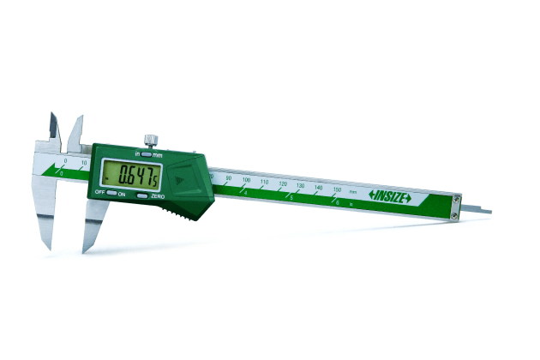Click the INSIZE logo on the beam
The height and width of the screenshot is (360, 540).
coord(391,196)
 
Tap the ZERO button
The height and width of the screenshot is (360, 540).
coord(142,196)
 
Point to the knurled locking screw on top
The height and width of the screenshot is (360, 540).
coord(151,139)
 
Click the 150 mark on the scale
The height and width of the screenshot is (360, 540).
coord(336,189)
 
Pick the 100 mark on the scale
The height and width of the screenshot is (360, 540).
coord(247,181)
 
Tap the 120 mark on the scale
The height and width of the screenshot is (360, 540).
coord(283,184)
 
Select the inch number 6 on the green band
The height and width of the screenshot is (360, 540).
coord(337,202)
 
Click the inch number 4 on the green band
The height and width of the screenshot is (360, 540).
coord(247,194)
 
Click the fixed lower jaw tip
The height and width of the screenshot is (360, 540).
coord(49,245)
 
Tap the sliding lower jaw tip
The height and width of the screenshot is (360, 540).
coord(86,249)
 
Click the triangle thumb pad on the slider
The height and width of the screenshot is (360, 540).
coord(179,181)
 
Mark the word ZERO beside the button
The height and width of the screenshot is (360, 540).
coord(158,196)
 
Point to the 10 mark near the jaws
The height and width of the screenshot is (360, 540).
coord(83,162)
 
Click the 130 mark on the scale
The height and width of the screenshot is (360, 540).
coord(300,186)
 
